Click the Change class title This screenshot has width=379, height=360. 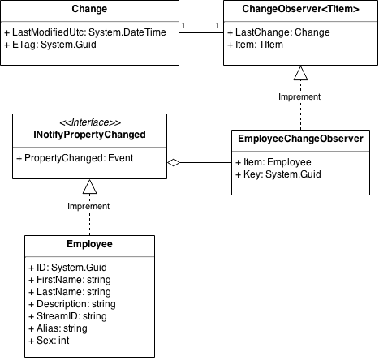89,9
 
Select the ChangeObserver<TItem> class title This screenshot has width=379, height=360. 300,9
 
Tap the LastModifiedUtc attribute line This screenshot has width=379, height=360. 85,32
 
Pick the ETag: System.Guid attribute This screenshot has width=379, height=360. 50,45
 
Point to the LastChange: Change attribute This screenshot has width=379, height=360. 278,32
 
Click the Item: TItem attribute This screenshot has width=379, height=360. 255,45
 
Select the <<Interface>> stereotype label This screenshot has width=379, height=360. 90,122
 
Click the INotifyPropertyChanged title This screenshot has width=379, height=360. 89,135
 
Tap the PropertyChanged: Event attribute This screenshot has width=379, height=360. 75,158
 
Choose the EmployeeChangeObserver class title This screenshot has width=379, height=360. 300,139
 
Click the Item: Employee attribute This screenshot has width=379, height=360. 273,162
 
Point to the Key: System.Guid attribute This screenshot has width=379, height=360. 278,174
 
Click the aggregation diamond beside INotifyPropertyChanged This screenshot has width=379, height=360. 174,162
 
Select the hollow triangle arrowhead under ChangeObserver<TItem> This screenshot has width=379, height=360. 300,73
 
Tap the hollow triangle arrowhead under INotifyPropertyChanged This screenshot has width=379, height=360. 89,186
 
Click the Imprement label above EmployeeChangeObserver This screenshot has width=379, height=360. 299,96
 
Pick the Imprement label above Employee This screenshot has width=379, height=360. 88,206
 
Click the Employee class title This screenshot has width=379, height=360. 89,244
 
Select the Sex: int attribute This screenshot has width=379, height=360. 49,341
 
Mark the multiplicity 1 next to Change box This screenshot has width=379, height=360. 183,26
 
